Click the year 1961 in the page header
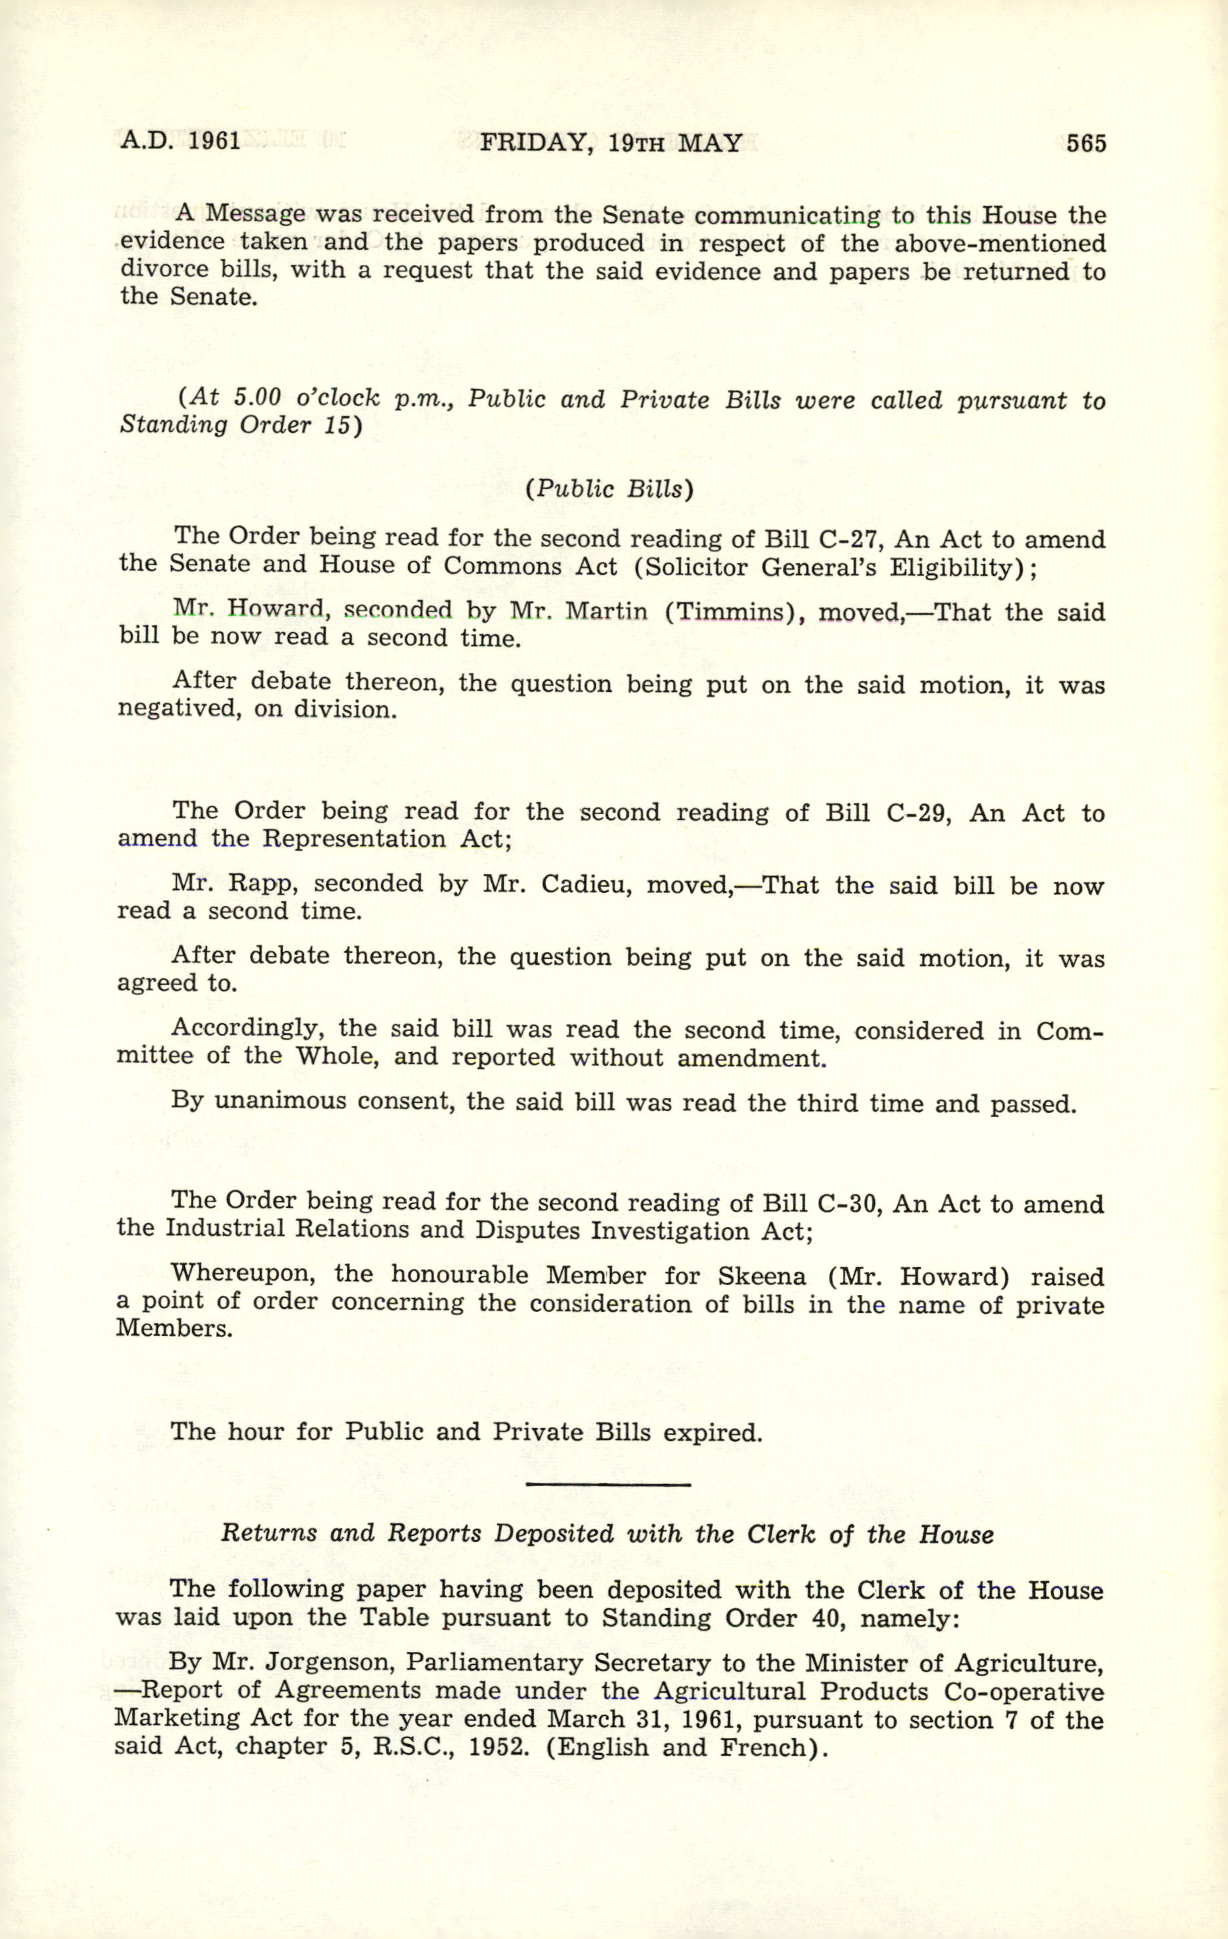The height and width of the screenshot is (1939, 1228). (214, 141)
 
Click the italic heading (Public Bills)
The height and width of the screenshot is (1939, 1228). (609, 490)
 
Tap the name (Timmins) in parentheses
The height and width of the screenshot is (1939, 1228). (734, 612)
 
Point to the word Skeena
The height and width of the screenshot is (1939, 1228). (761, 1276)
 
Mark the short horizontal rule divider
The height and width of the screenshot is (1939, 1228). (608, 1485)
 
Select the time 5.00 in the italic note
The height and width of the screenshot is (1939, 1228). (258, 397)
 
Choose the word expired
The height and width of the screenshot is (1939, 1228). (712, 1433)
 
